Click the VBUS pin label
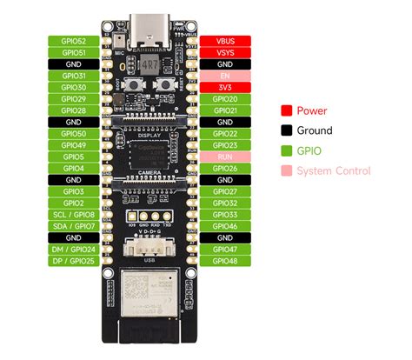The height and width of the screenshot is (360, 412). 225,41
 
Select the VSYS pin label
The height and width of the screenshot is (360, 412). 225,52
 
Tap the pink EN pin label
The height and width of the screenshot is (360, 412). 225,76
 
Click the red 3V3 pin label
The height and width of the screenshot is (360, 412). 225,87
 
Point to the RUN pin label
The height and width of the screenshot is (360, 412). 225,157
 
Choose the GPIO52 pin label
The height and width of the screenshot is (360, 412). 74,41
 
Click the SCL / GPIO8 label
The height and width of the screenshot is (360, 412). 74,214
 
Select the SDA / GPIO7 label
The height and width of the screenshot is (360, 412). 74,225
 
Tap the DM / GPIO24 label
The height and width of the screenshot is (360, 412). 74,249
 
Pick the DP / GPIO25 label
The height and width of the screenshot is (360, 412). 74,260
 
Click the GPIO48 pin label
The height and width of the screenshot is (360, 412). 225,260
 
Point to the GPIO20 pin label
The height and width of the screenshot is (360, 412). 225,99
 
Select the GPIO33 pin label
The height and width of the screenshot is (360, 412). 225,214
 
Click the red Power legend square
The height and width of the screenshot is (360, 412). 285,110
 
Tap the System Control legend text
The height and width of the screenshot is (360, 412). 334,170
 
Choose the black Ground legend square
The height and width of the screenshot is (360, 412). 285,130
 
